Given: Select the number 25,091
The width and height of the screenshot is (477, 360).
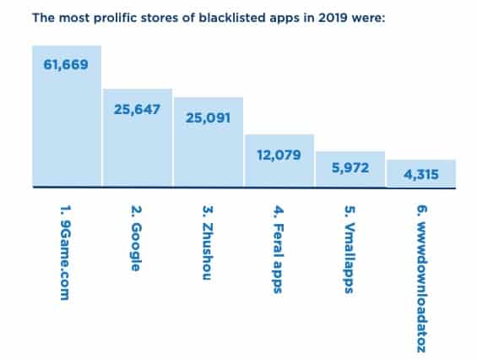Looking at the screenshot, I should (208, 117).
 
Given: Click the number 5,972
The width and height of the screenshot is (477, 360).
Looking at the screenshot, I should (350, 167).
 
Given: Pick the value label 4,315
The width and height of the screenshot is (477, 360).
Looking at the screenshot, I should (420, 175).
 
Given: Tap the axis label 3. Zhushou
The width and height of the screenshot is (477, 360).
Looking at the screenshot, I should (209, 242).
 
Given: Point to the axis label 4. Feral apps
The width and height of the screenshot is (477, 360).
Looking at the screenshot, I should (279, 247).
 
